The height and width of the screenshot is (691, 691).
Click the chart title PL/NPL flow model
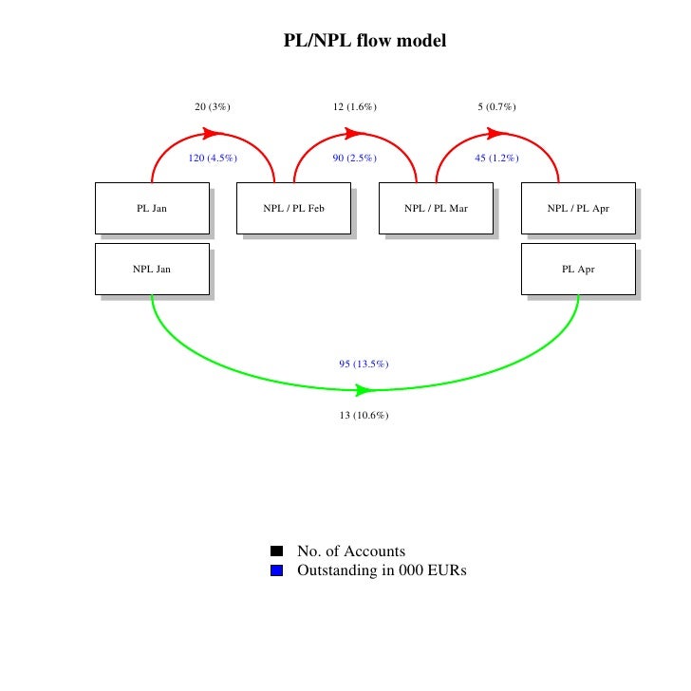(x=364, y=42)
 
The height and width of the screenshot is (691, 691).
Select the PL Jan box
(x=152, y=208)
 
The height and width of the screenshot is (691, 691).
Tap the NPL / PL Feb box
(x=293, y=208)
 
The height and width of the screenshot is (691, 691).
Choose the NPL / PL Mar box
(x=436, y=208)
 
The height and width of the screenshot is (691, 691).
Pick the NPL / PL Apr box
(x=578, y=208)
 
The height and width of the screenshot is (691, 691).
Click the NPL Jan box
(x=152, y=269)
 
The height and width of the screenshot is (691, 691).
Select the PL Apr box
(x=578, y=269)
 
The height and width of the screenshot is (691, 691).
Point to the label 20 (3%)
(x=213, y=107)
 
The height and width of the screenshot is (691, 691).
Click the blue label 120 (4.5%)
(x=213, y=159)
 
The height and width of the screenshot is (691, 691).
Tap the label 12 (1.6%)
(x=355, y=107)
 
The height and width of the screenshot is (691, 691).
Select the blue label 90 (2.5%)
(x=355, y=159)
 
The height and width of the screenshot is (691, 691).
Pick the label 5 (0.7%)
(x=497, y=107)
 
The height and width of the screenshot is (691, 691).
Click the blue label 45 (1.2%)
(x=497, y=159)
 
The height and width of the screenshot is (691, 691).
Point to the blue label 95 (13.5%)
(x=364, y=364)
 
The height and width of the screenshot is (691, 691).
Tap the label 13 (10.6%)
(x=364, y=416)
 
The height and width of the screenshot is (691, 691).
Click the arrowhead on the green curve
(x=364, y=390)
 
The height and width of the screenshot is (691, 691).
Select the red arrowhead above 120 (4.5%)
(x=214, y=134)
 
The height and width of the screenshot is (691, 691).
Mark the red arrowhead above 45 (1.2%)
(x=498, y=134)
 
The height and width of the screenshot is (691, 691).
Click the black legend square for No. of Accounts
(x=276, y=551)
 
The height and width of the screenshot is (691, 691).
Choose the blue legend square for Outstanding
(x=276, y=571)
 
